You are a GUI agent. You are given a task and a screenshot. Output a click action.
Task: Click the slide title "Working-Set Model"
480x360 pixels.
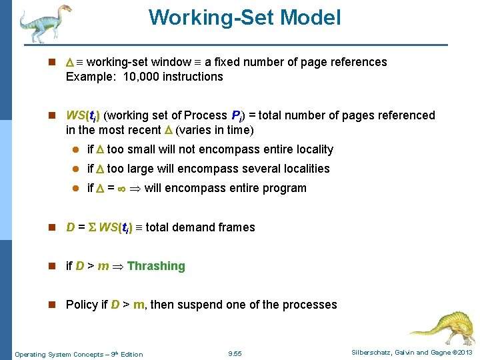(245, 17)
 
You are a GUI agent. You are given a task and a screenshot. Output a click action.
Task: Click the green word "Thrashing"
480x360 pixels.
(156, 266)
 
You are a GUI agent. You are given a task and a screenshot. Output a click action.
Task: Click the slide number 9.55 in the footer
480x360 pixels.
(235, 353)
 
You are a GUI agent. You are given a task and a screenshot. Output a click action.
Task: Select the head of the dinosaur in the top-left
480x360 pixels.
(63, 9)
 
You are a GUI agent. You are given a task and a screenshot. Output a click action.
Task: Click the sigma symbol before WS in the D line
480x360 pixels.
(92, 227)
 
